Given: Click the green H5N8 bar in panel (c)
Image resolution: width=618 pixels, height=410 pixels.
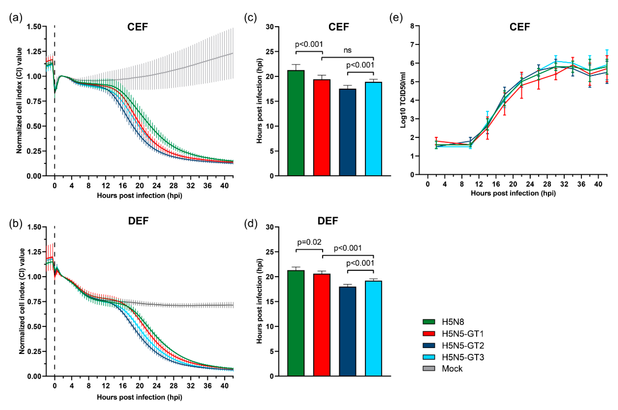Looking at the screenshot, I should tap(296, 123).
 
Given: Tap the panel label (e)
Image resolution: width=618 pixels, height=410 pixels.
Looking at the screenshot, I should tap(396, 18).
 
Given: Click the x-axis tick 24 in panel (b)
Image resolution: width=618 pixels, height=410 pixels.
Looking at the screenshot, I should tap(156, 386).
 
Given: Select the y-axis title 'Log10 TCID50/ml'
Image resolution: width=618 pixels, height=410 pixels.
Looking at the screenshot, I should tap(403, 100).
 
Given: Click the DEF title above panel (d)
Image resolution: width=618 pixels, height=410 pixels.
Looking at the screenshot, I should tap(328, 221).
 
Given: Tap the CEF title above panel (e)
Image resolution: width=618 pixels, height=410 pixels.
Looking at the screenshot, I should tap(519, 27).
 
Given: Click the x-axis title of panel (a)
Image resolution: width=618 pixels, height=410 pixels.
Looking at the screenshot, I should tap(139, 196).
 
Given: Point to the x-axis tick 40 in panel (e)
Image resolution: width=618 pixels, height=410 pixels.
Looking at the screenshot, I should tap(598, 184).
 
